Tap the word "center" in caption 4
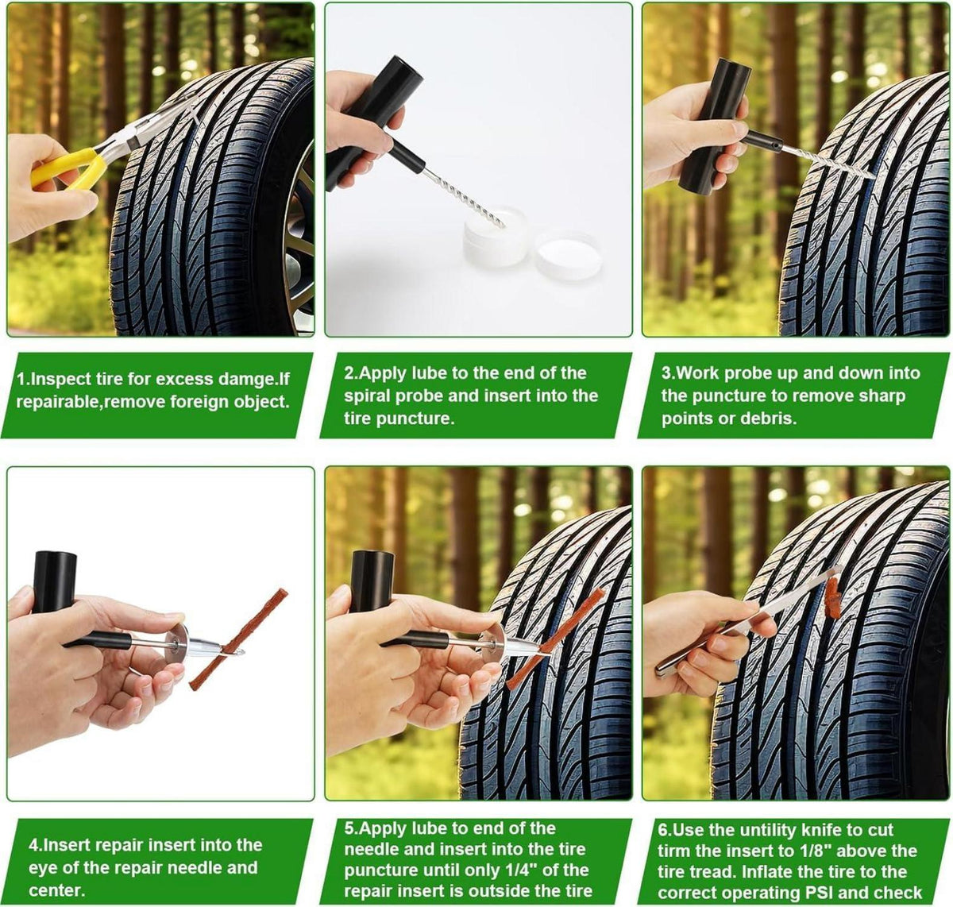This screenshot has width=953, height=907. click(56, 891)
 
